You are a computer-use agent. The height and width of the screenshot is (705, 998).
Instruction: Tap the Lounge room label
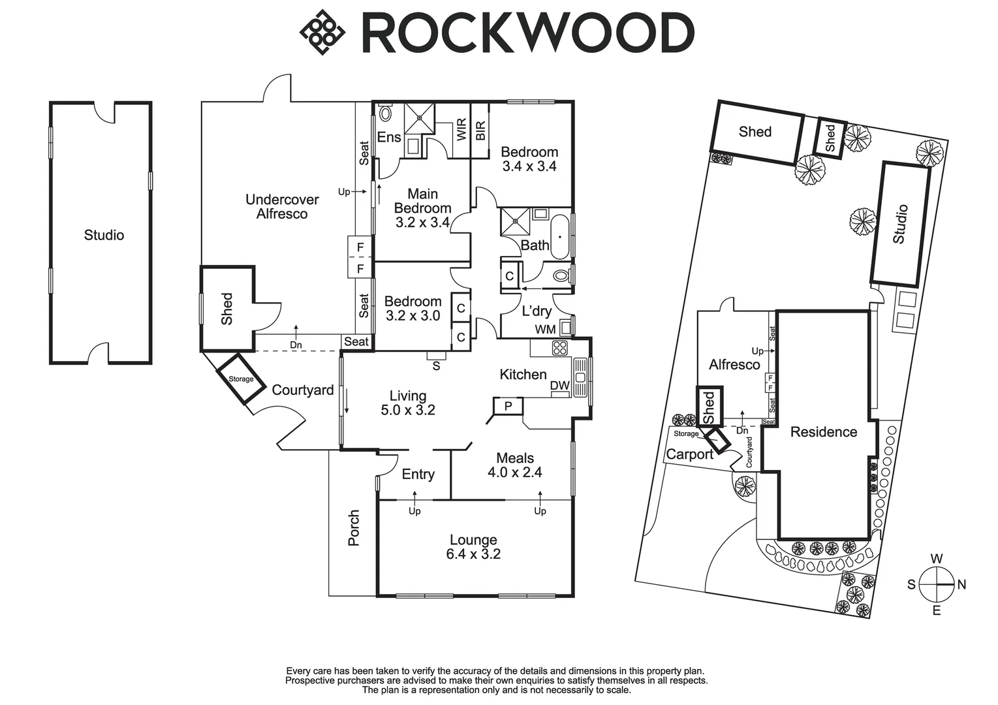473,540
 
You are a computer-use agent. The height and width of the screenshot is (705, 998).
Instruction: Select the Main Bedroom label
422,201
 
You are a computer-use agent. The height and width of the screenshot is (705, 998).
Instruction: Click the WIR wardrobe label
461,129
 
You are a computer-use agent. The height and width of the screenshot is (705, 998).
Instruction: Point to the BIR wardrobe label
480,131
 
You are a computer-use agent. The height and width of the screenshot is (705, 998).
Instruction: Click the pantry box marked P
508,406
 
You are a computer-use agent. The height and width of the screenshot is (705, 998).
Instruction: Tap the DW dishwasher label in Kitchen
559,386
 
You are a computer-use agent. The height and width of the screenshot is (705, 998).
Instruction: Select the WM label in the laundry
545,330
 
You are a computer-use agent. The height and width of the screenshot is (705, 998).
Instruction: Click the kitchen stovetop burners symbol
561,347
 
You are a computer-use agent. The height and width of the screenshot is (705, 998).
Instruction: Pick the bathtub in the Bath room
560,236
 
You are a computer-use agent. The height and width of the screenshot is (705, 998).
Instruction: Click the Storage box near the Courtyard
241,379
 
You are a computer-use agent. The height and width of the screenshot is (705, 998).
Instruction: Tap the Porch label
354,527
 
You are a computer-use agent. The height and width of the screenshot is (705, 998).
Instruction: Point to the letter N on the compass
961,585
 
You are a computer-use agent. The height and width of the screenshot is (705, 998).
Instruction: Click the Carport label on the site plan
689,454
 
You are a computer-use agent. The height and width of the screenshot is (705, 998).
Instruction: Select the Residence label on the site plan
823,432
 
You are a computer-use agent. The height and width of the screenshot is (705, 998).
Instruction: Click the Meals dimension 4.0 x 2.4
514,473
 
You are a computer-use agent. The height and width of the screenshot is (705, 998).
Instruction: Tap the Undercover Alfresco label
282,206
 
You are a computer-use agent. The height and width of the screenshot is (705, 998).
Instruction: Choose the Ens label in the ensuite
389,137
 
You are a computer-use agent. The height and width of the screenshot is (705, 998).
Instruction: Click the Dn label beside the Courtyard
296,345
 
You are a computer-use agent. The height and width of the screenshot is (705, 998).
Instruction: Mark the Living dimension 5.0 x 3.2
408,411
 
